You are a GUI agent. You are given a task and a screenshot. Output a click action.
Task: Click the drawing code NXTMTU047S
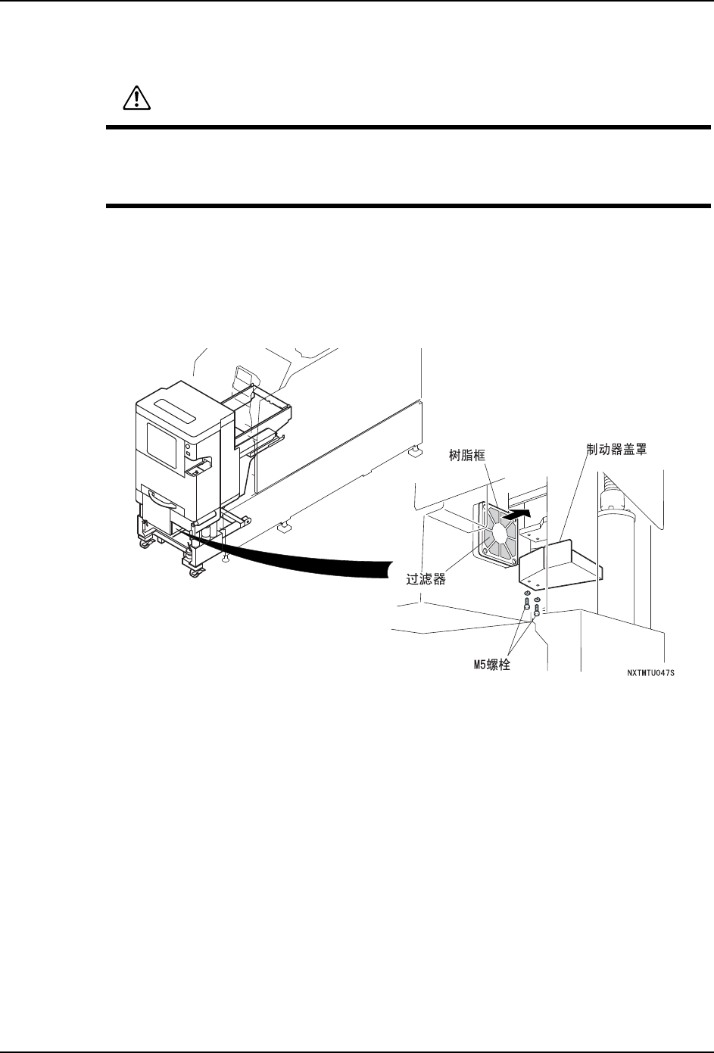pos(650,671)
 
